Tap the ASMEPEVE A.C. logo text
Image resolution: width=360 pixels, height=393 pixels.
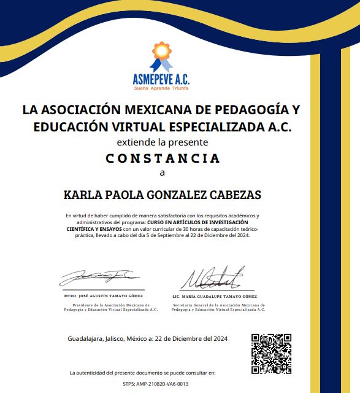pos(161,79)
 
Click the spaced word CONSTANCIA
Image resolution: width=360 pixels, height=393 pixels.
pos(163,158)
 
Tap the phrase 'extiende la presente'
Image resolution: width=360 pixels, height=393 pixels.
pos(163,142)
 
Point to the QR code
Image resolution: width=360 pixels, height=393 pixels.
pos(271,353)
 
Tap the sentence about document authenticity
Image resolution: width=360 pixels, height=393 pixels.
pos(143,373)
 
